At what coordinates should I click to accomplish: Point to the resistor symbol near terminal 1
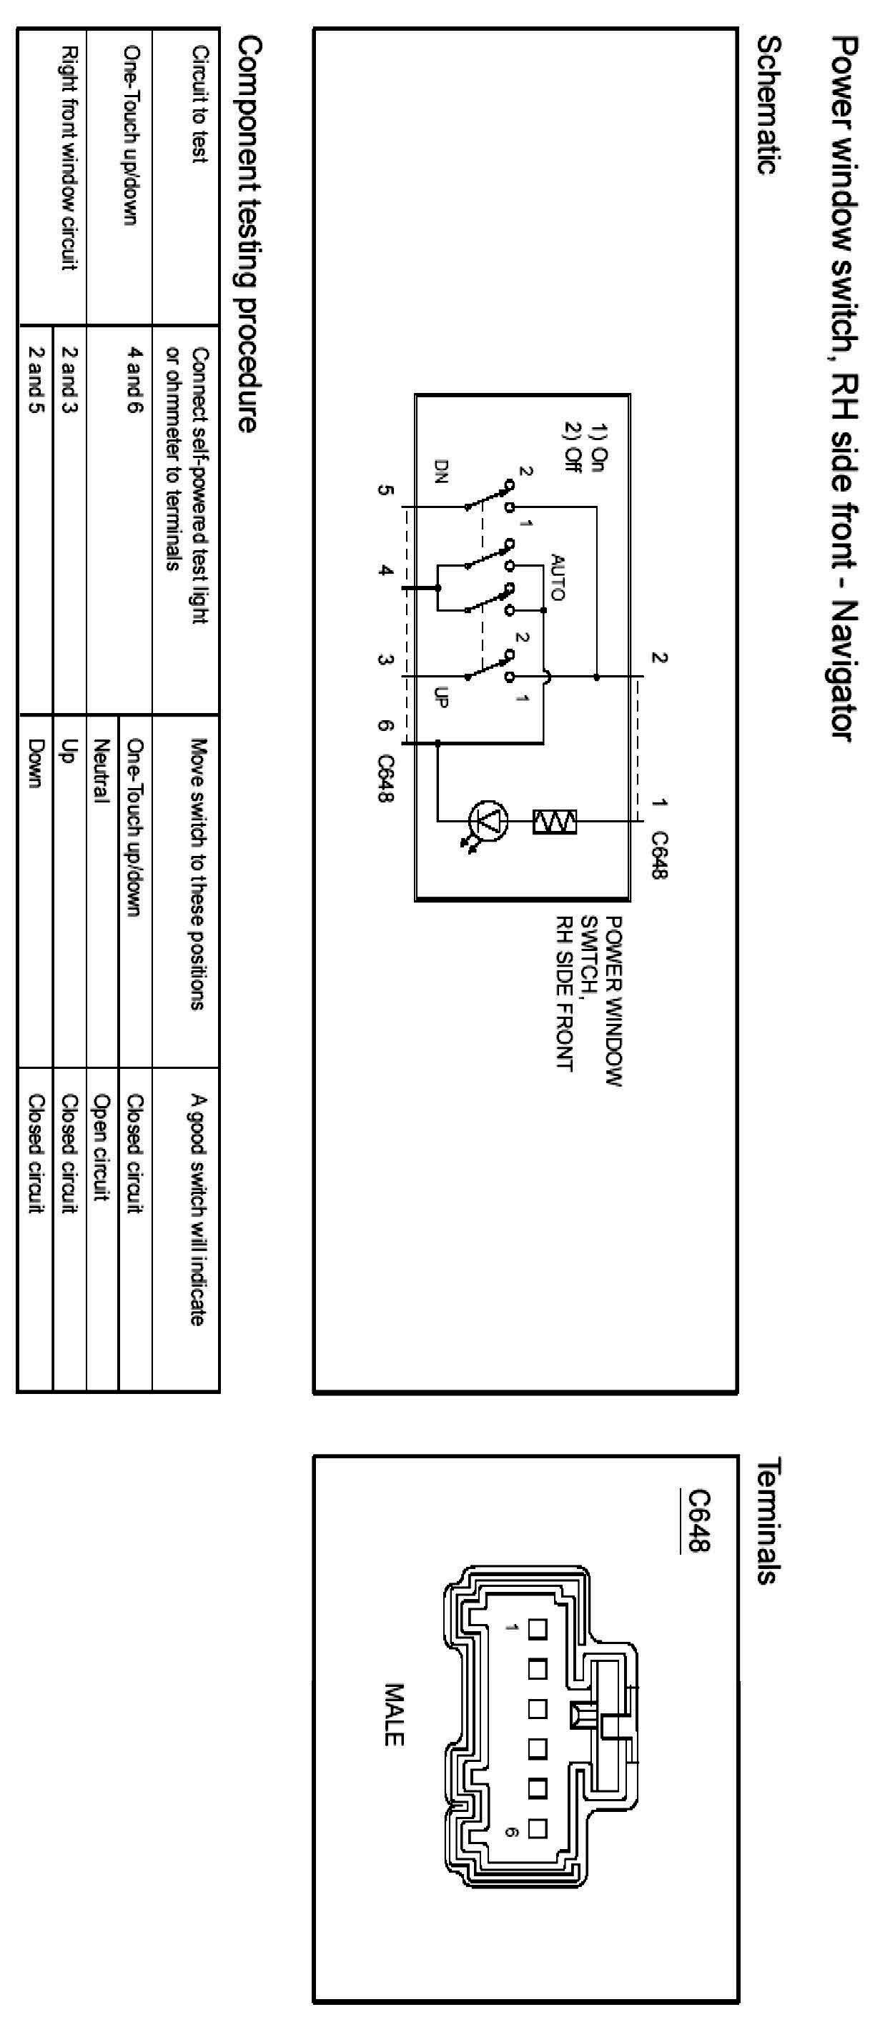point(554,821)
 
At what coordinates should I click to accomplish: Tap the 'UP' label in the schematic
point(441,697)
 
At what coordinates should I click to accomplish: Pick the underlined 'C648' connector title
point(698,1521)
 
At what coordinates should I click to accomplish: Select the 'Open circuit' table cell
point(101,1146)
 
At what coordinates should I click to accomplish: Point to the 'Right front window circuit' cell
point(69,158)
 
